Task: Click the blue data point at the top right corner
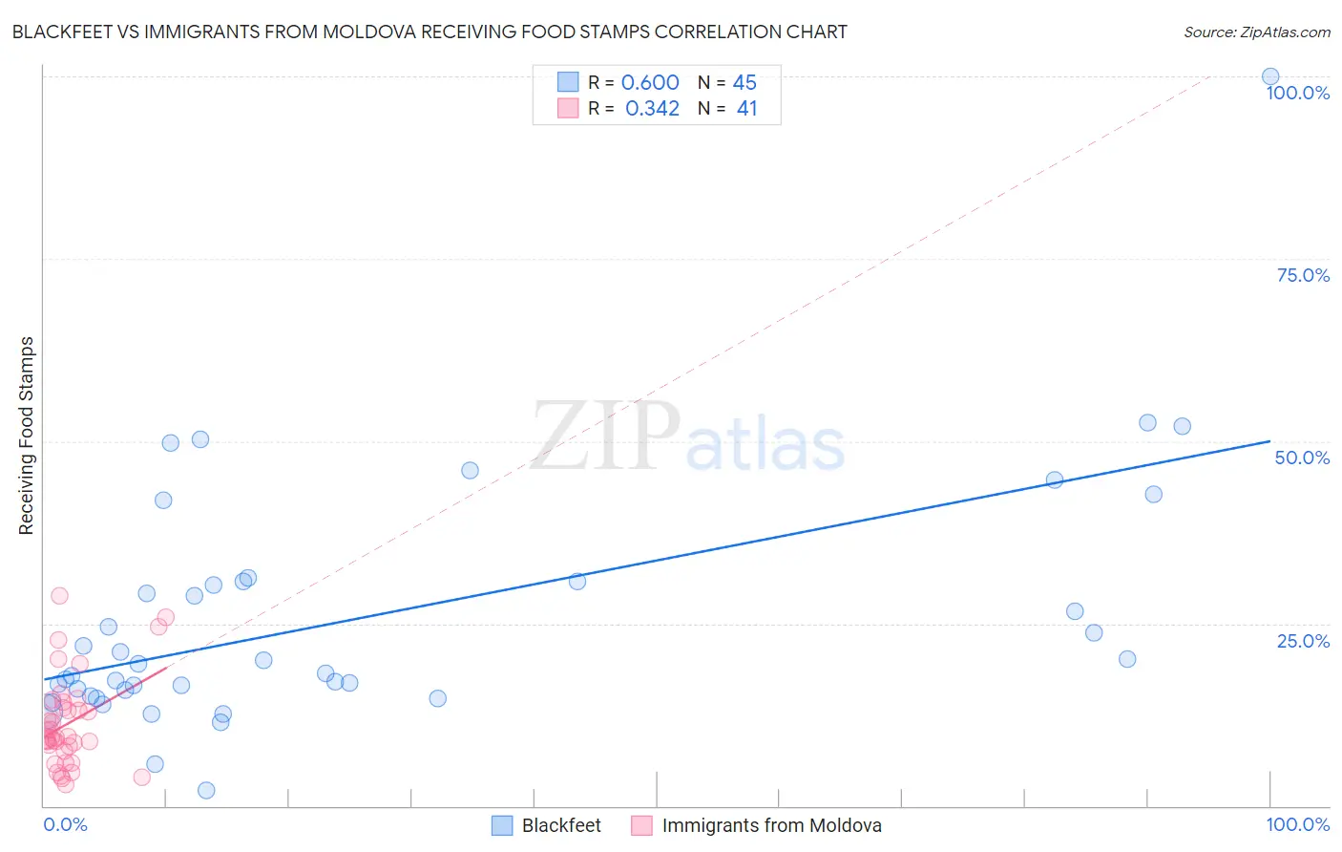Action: (1270, 77)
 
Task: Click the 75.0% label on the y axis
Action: (1303, 275)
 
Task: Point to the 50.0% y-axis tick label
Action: (1302, 458)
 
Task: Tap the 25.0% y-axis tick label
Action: (1303, 641)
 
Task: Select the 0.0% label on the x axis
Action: (65, 824)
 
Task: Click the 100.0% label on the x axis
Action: (1297, 824)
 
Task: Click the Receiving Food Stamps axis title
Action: (26, 436)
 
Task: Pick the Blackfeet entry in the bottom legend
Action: (561, 825)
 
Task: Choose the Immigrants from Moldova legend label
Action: (771, 825)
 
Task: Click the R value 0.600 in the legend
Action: (650, 83)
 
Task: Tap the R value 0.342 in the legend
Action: (652, 109)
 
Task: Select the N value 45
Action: (744, 83)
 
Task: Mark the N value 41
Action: (746, 109)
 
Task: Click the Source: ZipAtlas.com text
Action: (1256, 32)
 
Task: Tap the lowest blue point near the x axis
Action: (206, 790)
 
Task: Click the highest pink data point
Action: (59, 595)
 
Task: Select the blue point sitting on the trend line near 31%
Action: (577, 581)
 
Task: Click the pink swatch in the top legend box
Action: (568, 108)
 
